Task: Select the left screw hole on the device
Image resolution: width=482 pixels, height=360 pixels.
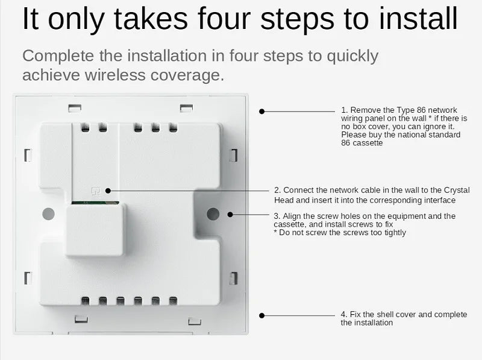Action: click(x=49, y=213)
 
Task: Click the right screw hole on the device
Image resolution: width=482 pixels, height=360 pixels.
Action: click(x=212, y=213)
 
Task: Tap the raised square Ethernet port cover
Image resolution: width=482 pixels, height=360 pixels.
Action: click(x=96, y=229)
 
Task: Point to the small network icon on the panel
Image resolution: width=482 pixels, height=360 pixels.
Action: click(x=95, y=190)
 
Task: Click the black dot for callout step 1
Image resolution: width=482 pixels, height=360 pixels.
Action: click(x=262, y=111)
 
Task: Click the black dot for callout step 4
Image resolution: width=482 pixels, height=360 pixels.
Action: click(x=262, y=315)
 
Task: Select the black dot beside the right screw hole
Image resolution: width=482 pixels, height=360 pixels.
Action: click(x=229, y=213)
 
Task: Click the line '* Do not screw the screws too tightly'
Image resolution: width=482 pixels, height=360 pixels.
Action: click(x=340, y=233)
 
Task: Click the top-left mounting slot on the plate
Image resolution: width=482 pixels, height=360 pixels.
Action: click(x=75, y=109)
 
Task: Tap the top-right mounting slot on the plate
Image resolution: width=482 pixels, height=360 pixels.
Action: click(x=186, y=109)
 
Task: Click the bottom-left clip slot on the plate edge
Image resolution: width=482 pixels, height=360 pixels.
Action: click(x=28, y=278)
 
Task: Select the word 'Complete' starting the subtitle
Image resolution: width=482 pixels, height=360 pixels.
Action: click(x=57, y=56)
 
